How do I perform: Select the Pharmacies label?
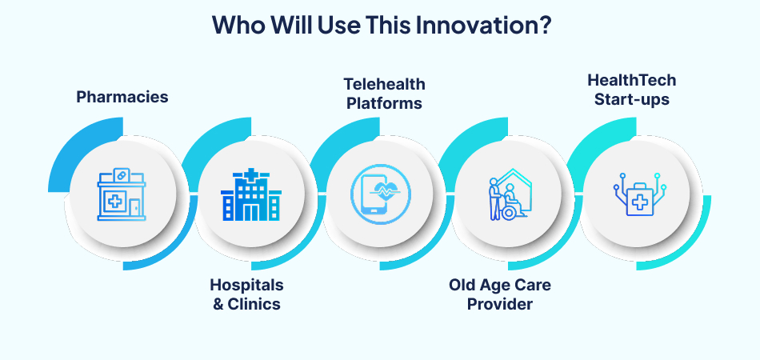pyautogui.click(x=122, y=97)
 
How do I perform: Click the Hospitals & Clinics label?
pyautogui.click(x=246, y=294)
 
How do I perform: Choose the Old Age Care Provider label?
pyautogui.click(x=500, y=294)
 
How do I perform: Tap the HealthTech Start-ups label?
pyautogui.click(x=631, y=90)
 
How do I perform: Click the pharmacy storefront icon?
pyautogui.click(x=122, y=194)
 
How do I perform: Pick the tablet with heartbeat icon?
pyautogui.click(x=379, y=195)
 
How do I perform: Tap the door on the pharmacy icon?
pyautogui.click(x=135, y=206)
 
